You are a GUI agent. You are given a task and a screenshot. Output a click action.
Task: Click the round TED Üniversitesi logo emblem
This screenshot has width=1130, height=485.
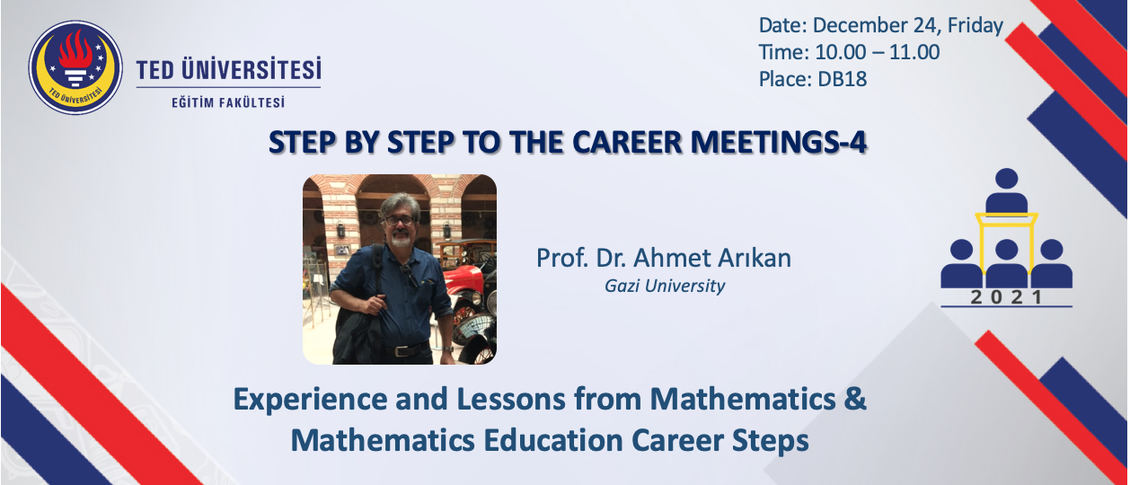tap(75, 67)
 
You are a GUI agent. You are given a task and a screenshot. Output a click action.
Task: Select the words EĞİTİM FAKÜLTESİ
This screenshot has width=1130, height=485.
tap(228, 103)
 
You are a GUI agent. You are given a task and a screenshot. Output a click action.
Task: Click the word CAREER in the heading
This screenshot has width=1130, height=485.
tap(627, 142)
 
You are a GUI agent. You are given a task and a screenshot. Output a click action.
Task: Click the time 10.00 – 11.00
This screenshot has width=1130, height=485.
tap(878, 52)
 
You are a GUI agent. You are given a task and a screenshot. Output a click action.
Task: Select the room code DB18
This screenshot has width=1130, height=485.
tap(842, 79)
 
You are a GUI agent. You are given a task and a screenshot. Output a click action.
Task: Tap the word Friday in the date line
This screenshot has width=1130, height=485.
tap(976, 25)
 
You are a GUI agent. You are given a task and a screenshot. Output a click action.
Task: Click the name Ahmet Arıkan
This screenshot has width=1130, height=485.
tap(711, 258)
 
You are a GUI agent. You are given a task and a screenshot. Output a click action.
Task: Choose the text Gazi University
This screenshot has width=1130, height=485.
tap(665, 286)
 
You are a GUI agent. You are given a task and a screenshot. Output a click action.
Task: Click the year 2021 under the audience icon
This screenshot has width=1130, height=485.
tap(1006, 297)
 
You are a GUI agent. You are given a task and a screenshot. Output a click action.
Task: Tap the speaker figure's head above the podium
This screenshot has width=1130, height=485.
tap(1007, 179)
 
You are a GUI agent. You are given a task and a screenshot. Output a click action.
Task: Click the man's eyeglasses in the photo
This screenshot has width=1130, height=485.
tap(400, 220)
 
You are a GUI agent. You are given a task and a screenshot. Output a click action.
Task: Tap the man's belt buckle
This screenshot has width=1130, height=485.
tap(402, 350)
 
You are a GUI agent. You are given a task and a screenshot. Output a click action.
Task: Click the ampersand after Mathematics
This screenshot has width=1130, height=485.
tap(854, 400)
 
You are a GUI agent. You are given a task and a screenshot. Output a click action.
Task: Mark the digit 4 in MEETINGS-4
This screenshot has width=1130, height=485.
tap(858, 142)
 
